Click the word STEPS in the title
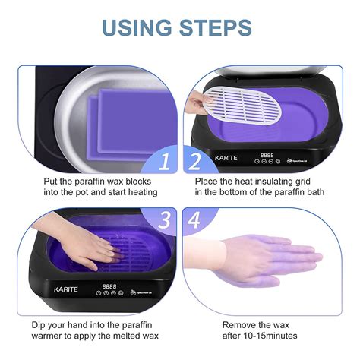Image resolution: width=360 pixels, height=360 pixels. click(218, 28)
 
